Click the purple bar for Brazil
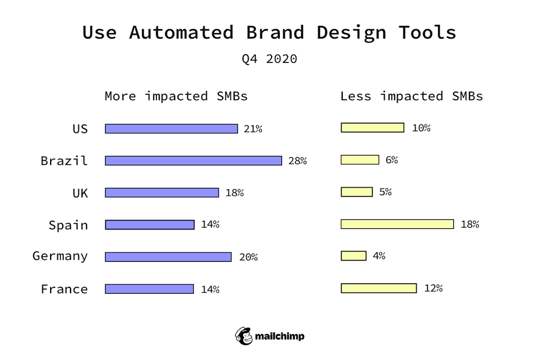coord(193,160)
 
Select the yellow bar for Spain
coord(397,224)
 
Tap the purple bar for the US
coord(171,128)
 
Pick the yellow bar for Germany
coord(353,256)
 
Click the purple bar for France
coord(149,289)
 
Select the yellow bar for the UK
coord(357,192)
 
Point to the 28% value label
coord(297,161)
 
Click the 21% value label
coord(253,129)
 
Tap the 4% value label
coord(379,256)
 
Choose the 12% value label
coord(433,288)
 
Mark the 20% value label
coord(248,257)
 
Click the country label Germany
coord(60,256)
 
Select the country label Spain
coord(68,225)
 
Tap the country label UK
coord(80,193)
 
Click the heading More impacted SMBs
coord(176,96)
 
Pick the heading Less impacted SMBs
coord(411,96)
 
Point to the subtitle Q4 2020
coord(269,59)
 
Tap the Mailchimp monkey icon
coord(244,336)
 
